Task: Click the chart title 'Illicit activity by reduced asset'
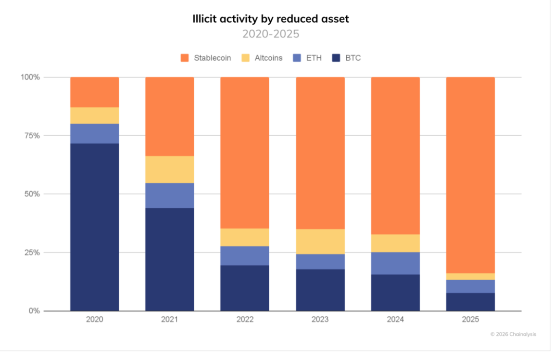270,19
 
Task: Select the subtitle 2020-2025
270,34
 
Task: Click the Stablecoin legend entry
206,58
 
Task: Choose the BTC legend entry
347,58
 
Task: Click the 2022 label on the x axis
245,320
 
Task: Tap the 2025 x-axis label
470,320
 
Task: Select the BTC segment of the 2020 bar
95,227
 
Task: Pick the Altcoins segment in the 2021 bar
170,169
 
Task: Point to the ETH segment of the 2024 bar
395,263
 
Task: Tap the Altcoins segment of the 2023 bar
320,241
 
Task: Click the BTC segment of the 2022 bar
245,288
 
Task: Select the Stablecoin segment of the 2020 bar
95,92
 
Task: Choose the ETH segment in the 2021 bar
170,195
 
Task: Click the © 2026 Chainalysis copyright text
513,334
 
